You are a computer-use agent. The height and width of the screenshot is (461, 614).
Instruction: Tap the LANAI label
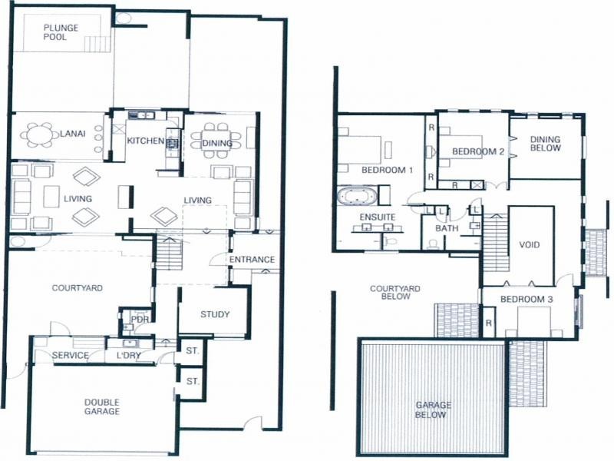point(72,137)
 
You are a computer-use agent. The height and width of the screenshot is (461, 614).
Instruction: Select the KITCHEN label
point(146,141)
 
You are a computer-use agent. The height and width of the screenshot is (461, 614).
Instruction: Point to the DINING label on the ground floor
point(217,142)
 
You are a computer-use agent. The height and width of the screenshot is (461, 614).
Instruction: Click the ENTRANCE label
point(252,260)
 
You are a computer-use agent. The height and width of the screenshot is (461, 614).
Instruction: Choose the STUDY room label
point(215,314)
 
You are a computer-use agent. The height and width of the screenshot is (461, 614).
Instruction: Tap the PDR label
point(140,319)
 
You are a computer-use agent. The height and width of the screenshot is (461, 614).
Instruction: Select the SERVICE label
point(70,356)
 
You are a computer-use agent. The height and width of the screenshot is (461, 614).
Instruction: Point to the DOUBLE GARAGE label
point(102,406)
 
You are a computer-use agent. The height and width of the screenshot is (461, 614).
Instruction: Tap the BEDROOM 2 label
point(477,151)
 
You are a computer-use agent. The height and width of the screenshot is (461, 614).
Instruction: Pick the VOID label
point(530,245)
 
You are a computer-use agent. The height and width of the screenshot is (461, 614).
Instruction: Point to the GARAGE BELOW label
point(434,410)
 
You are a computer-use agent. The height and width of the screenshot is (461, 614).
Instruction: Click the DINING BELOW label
point(546,143)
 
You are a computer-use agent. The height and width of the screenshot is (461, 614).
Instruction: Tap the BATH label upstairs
point(447,229)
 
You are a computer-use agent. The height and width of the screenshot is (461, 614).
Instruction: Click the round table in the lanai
point(38,136)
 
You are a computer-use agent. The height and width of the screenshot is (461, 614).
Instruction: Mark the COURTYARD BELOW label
point(395,292)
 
